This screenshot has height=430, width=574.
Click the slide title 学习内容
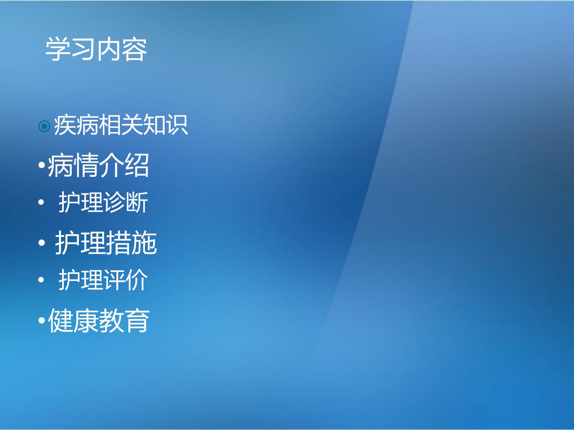tap(96, 49)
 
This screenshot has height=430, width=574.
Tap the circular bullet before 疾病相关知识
tap(44, 126)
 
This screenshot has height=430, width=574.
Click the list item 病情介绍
tap(98, 165)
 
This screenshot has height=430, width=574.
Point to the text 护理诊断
tap(103, 202)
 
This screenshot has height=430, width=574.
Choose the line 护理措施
tap(106, 243)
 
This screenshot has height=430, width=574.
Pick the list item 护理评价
tap(103, 279)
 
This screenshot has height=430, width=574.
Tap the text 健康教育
tap(99, 321)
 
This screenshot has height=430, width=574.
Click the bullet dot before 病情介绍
tap(41, 165)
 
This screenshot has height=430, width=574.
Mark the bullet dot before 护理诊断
tap(41, 202)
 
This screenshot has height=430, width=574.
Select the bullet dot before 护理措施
tap(41, 243)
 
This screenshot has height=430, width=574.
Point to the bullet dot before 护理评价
tap(41, 280)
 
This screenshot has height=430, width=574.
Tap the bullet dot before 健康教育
tap(41, 321)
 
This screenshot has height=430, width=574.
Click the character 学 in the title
tap(58, 49)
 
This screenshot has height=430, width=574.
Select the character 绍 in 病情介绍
tap(137, 165)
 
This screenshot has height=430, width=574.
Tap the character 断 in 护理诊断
tap(137, 202)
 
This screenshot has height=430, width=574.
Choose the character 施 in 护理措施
tap(144, 243)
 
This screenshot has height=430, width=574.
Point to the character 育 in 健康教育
tap(137, 321)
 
